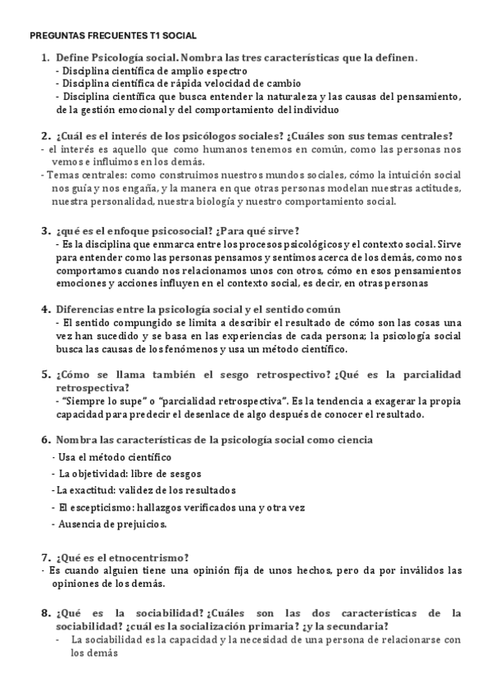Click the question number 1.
(45, 58)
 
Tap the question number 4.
(45, 309)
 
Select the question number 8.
(45, 612)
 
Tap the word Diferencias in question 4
(87, 309)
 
